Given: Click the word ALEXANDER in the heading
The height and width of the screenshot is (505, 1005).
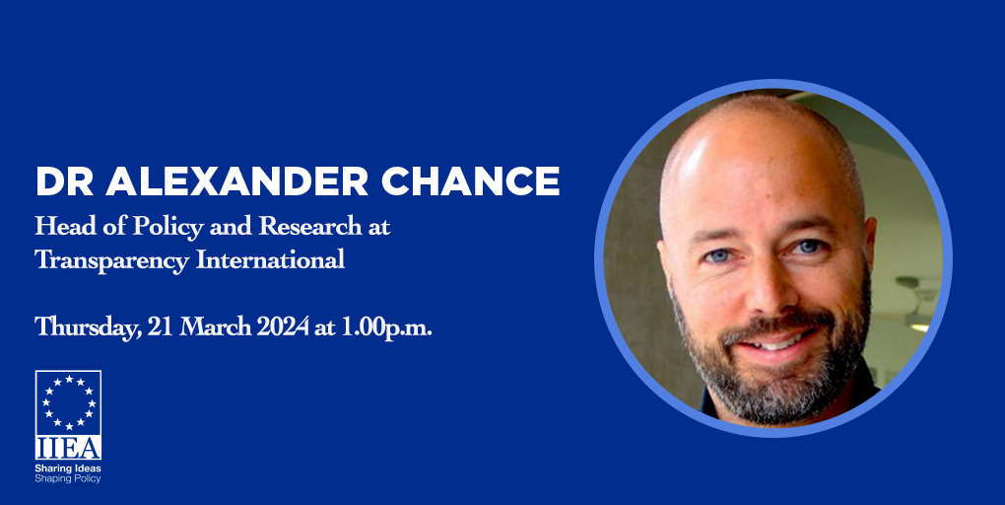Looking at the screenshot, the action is tap(237, 181).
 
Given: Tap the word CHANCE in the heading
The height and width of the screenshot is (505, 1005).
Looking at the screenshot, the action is tap(470, 181).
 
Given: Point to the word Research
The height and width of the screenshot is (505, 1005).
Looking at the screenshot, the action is tap(310, 226).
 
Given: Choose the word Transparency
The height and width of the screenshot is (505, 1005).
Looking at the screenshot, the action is tap(111, 261).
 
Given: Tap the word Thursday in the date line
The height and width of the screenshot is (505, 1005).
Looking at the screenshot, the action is tap(88, 327).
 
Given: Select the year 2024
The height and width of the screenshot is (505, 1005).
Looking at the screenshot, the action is tap(283, 326).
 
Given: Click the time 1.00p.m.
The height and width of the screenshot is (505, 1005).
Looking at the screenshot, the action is tap(386, 327).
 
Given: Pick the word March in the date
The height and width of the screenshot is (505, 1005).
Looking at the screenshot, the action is tap(215, 326).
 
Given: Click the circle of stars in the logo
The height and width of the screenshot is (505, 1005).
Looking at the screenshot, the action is tap(69, 402).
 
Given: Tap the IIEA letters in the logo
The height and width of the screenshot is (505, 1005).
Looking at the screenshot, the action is tap(68, 448).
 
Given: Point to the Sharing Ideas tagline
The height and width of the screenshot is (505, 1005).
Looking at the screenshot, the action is tap(68, 469).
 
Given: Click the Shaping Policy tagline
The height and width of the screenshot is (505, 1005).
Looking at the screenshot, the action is tap(68, 478).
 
